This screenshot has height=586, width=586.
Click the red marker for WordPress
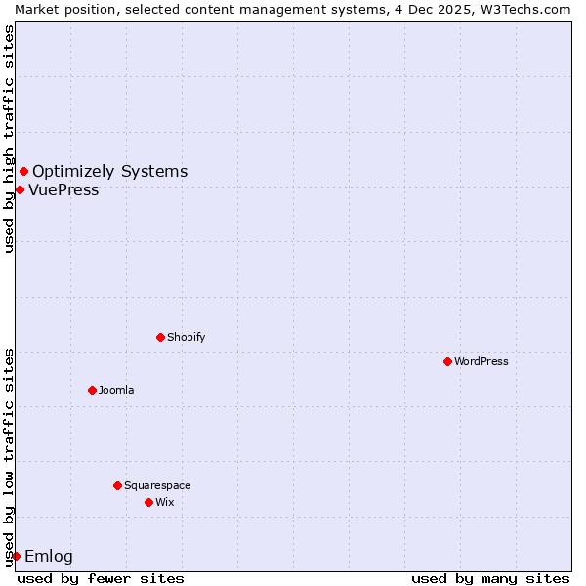point(447,361)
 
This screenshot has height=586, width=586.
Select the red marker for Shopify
point(160,337)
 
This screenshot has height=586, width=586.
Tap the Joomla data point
point(92,390)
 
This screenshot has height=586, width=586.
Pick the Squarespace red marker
point(117,485)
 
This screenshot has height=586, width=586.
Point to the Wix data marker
point(148,502)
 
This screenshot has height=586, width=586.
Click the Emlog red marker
point(16,556)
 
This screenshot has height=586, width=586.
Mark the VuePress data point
point(20,189)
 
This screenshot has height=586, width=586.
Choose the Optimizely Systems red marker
point(23,172)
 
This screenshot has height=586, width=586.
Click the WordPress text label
point(481,361)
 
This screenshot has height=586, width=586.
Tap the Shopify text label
point(186,337)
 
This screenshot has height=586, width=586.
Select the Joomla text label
point(116,390)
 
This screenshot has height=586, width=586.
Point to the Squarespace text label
point(157,485)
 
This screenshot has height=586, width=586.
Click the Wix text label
point(164,502)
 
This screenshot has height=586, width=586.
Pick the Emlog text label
point(49,557)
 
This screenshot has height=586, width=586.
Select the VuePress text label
point(63,190)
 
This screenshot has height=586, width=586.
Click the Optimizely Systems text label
point(109,172)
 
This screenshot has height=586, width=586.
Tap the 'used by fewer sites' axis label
point(101,578)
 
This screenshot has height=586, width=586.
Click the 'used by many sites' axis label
point(490,578)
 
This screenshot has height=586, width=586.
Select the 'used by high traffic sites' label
point(10,139)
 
